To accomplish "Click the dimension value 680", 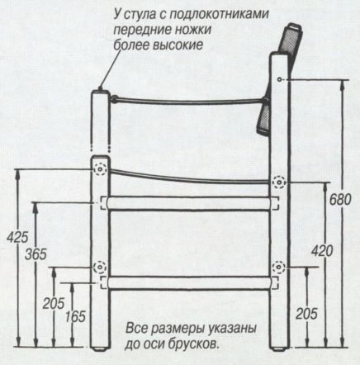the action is click(x=340, y=200).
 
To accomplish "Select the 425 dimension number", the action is click(x=17, y=237).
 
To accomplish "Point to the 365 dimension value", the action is click(x=36, y=254).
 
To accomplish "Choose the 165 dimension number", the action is click(x=75, y=316).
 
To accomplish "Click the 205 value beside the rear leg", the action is click(x=307, y=314).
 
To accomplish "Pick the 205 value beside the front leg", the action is click(x=54, y=303).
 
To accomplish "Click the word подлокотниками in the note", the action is click(x=219, y=15).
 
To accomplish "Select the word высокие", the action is click(x=178, y=45).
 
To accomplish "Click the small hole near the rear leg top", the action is click(x=279, y=79).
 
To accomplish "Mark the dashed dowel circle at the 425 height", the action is click(x=100, y=168).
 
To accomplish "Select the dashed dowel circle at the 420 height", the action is click(x=279, y=182).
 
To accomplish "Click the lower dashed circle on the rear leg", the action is click(x=279, y=267).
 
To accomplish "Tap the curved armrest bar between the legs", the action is click(x=188, y=102).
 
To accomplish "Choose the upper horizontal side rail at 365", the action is click(x=189, y=203).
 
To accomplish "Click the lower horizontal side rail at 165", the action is click(x=189, y=283).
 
